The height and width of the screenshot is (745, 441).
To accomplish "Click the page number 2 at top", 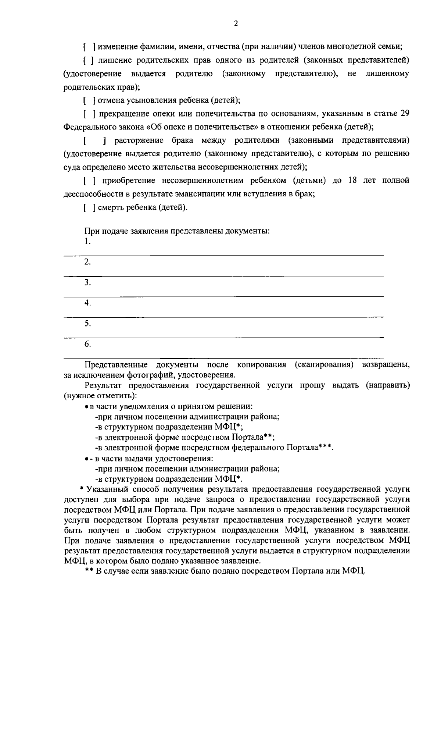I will (236, 24).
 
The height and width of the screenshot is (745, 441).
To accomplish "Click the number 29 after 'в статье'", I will (404, 114).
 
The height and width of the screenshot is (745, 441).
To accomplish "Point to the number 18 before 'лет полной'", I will (352, 181).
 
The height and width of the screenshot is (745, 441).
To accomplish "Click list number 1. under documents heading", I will (87, 242).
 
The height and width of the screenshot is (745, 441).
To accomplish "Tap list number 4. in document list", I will (87, 303).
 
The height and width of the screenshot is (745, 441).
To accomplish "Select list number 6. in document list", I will (87, 344).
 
